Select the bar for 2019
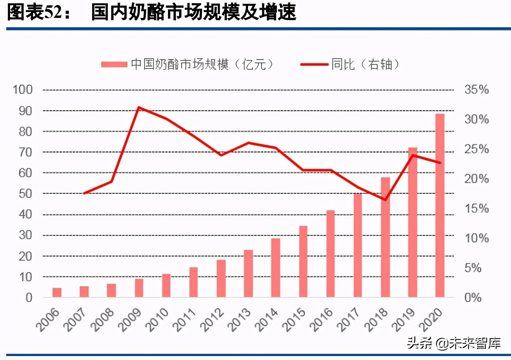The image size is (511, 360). (412, 222)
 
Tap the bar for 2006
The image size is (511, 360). (57, 292)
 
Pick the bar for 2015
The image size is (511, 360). (303, 261)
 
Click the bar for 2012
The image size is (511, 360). (221, 278)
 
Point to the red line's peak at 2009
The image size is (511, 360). (139, 107)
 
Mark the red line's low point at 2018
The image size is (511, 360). (385, 200)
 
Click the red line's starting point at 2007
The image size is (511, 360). (84, 193)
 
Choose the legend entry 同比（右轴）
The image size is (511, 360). (350, 64)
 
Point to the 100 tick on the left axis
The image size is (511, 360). (23, 89)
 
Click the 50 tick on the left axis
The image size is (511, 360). (25, 194)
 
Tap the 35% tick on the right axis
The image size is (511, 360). (476, 89)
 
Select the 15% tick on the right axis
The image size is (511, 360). (476, 208)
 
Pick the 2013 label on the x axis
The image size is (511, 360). (240, 320)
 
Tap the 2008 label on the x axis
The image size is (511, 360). (103, 320)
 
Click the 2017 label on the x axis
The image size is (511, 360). (349, 320)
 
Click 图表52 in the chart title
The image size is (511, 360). (35, 12)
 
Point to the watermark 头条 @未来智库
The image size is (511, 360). (453, 343)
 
